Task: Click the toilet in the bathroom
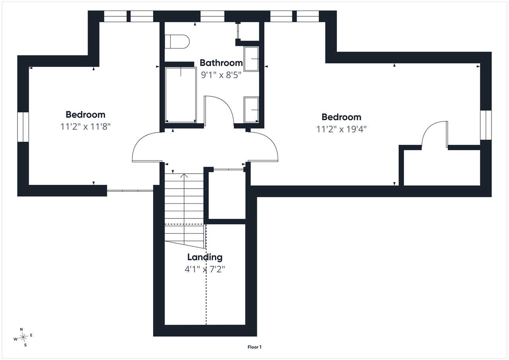click(x=177, y=42)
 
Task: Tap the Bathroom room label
click(x=221, y=63)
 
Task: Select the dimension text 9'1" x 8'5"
click(x=221, y=75)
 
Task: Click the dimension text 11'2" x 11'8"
click(x=85, y=126)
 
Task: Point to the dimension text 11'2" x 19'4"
click(x=342, y=129)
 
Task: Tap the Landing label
click(x=205, y=257)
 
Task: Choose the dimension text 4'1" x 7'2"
click(x=205, y=269)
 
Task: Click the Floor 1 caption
click(x=254, y=347)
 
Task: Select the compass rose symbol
click(x=23, y=337)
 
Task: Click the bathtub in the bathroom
click(x=181, y=95)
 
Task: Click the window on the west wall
click(x=23, y=127)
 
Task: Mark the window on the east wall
click(x=486, y=125)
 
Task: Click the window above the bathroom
click(x=212, y=16)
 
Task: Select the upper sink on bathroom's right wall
click(x=251, y=59)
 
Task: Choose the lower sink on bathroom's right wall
click(x=251, y=110)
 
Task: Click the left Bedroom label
click(x=85, y=115)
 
